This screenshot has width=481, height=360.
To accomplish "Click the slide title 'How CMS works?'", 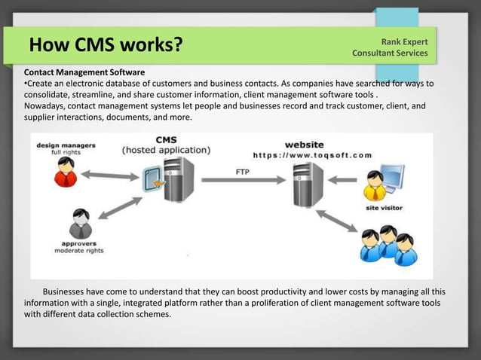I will tap(106, 46).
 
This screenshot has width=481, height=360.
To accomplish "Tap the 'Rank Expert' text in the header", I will tap(405, 41).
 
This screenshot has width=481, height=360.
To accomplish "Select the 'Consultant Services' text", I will tap(390, 53).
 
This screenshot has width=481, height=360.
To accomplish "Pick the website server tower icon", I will tap(308, 184).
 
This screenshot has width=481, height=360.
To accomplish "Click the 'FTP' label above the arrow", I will tap(243, 171).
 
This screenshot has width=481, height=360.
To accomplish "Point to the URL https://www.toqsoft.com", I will tap(311, 155).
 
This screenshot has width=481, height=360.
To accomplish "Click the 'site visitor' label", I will tap(385, 207).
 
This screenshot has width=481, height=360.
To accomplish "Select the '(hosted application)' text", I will tap(167, 150).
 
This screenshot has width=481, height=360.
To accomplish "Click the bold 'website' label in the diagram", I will tap(305, 144).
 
